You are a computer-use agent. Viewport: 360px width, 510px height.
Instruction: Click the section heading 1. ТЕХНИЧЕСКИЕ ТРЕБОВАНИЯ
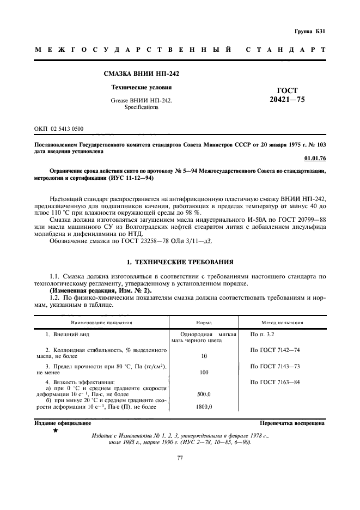180,262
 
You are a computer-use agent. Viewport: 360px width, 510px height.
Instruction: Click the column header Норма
204,322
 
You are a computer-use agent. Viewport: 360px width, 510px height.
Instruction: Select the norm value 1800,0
204,406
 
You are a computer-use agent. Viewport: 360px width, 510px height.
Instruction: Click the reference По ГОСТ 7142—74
274,350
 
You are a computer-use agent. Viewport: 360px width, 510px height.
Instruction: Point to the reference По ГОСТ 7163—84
274,382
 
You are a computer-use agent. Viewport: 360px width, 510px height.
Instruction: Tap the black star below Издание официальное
56,430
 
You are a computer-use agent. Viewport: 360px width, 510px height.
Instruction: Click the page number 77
180,458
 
